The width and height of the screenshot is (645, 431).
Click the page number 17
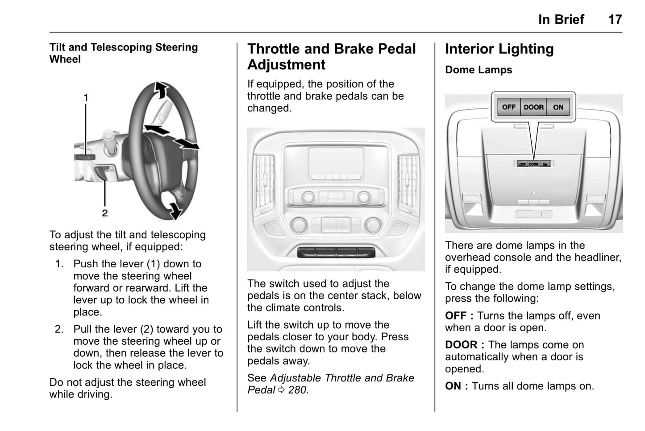click(615, 20)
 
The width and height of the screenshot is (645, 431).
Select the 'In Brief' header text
click(561, 20)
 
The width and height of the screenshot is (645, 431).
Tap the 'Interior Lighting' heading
click(499, 49)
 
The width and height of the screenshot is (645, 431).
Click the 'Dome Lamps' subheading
click(479, 70)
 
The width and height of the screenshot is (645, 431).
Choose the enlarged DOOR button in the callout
click(533, 107)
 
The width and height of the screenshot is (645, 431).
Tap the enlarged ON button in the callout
click(558, 107)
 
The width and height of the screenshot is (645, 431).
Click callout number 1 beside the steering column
click(86, 98)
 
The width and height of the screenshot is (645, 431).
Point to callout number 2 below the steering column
click(105, 213)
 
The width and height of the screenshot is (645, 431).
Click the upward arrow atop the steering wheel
click(162, 90)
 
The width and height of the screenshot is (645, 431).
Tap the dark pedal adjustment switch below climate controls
click(336, 253)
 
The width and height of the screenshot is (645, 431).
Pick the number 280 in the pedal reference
click(297, 390)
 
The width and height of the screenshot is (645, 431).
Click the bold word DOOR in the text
click(461, 345)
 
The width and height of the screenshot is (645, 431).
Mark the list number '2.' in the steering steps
click(59, 329)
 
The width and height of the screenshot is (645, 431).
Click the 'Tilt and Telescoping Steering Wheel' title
click(124, 53)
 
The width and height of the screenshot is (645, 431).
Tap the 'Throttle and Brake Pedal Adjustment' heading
click(331, 56)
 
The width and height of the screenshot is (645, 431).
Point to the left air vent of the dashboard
click(265, 182)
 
